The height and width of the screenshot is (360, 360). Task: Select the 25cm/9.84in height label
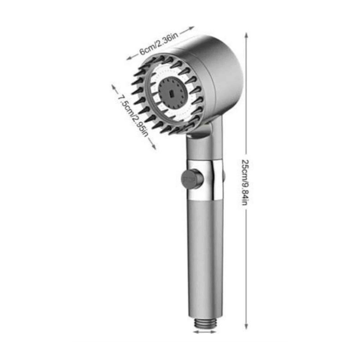[245, 182]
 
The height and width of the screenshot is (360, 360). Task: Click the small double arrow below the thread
[205, 332]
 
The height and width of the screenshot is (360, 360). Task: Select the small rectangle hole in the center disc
[171, 94]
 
